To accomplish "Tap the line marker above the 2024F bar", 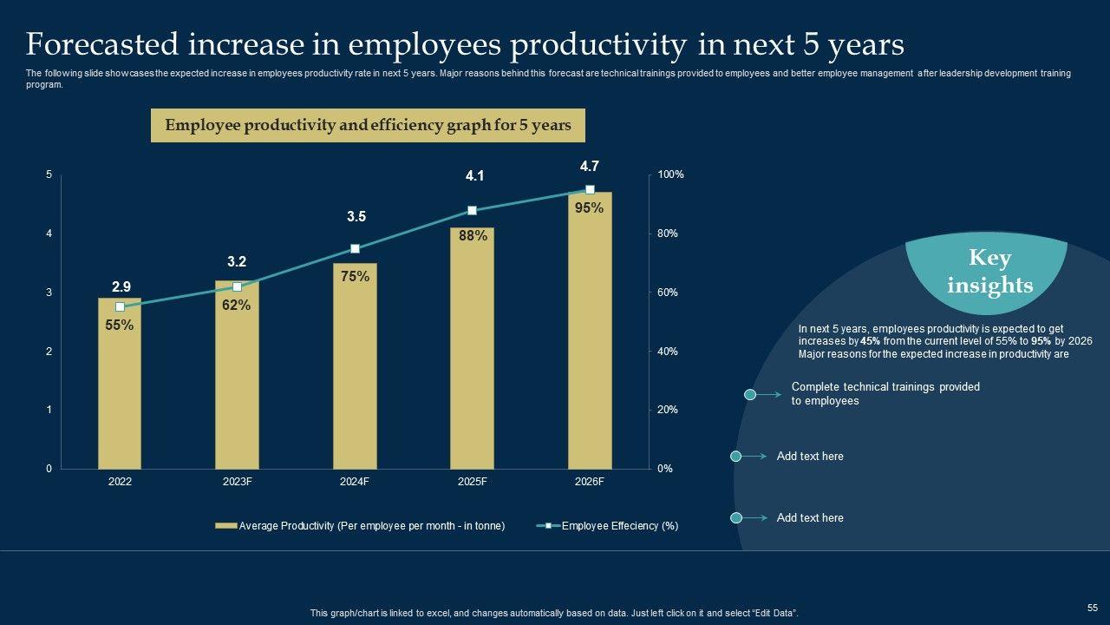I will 355,249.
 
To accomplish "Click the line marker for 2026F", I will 590,190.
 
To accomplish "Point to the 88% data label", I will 473,235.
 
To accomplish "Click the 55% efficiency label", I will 120,326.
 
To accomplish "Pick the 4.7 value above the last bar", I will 590,166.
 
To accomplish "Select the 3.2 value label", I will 237,261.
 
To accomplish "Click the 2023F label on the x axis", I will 237,482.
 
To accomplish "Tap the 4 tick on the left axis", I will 49,234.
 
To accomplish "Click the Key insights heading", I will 989,272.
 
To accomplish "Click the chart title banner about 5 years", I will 368,125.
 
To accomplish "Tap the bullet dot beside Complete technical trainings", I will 751,395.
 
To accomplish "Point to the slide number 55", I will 1092,609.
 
